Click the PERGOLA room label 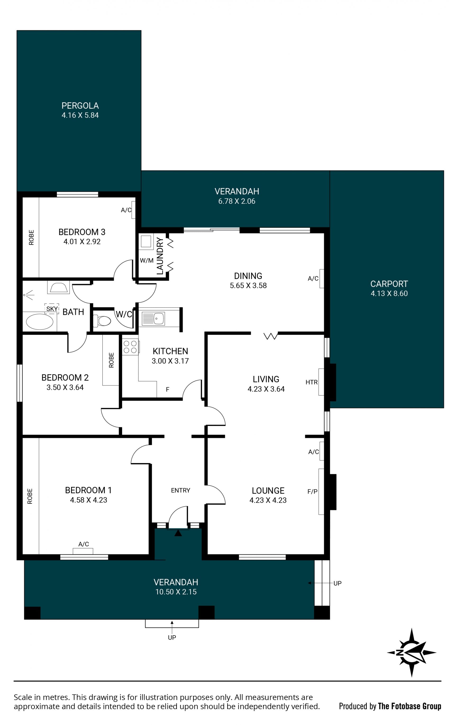[x=80, y=106]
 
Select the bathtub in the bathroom [x=39, y=321]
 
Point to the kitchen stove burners [x=130, y=347]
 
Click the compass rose [x=411, y=652]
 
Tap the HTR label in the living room [x=311, y=382]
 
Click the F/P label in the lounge [x=312, y=491]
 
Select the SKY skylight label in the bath [x=52, y=309]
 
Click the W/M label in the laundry [x=146, y=260]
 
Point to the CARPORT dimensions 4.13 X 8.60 [x=389, y=293]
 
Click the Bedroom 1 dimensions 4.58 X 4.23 [x=88, y=500]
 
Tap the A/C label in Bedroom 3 [x=126, y=210]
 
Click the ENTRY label [x=181, y=491]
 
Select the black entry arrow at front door [x=178, y=533]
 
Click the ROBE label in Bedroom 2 [x=111, y=360]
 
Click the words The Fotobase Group [x=409, y=706]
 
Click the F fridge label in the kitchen [x=168, y=389]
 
